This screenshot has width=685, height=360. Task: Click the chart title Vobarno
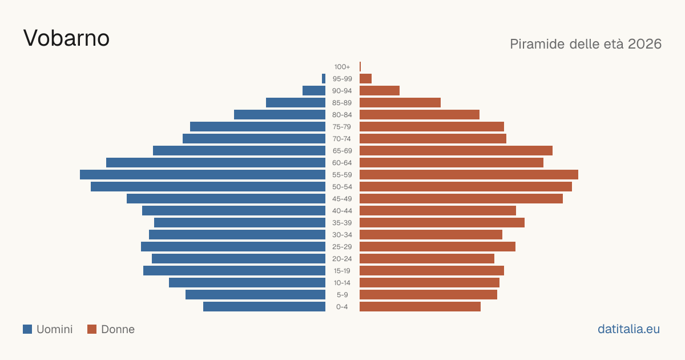pos(66,38)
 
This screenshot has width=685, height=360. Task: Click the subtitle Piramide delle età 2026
pos(586,44)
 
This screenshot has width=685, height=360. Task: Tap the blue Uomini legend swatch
pos(27,329)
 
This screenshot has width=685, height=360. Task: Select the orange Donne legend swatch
pos(92,329)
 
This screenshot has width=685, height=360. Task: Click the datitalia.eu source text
pos(628,329)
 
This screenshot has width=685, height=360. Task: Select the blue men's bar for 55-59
pos(203,174)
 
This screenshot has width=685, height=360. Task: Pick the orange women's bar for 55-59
pos(469,174)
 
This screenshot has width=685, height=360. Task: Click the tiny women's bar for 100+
pos(360,66)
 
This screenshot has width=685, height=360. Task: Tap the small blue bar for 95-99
pos(324,79)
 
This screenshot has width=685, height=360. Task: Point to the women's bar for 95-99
pos(365,79)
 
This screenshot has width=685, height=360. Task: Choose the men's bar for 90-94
pos(314,91)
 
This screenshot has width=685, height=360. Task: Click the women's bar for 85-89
pos(400,102)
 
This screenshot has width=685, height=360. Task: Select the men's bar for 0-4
pos(264,307)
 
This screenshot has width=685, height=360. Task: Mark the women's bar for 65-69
pos(456,151)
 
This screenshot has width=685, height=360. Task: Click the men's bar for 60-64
pos(216,162)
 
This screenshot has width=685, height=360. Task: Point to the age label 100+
pos(342,67)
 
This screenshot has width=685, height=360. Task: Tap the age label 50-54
pos(342,187)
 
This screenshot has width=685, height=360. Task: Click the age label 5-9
pos(342,295)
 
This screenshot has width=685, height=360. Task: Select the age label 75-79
pos(342,127)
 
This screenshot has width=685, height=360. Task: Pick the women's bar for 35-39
pos(442,222)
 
